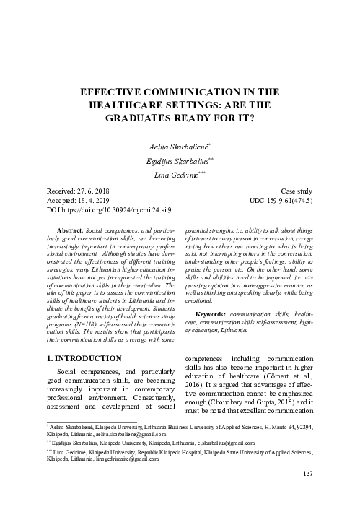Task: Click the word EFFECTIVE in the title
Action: pos(122,92)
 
